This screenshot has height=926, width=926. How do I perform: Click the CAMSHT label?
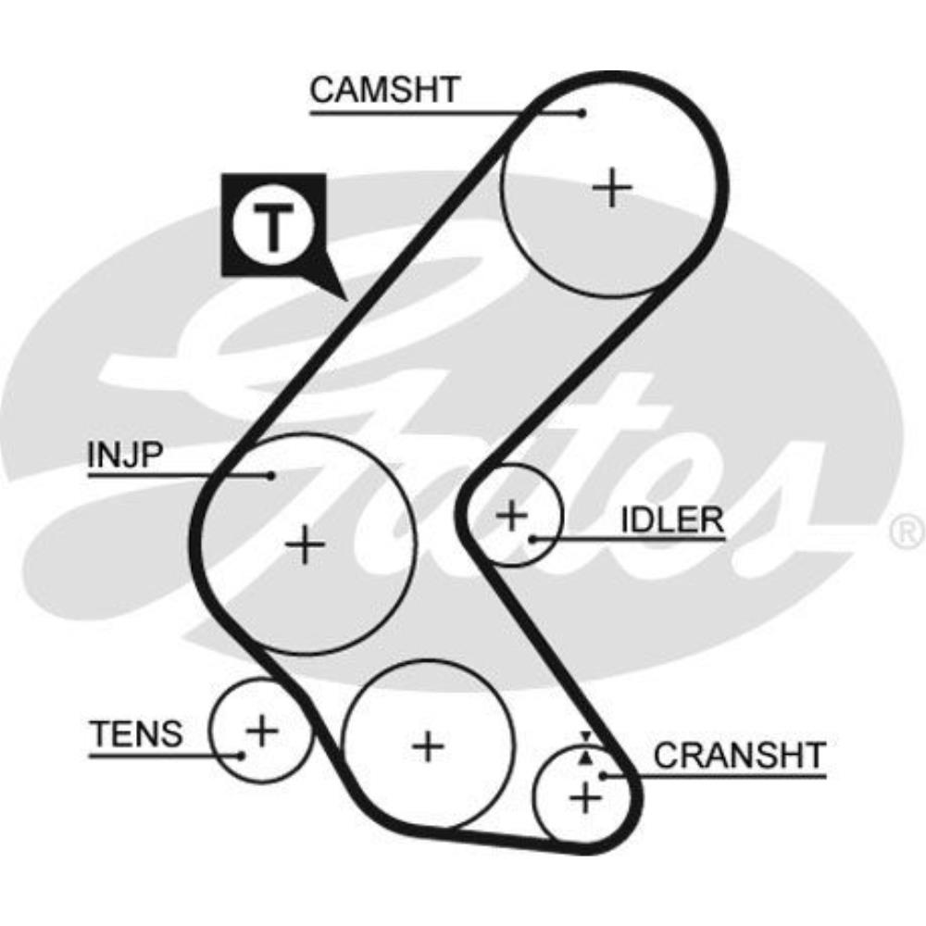384,91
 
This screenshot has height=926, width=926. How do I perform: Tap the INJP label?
125,455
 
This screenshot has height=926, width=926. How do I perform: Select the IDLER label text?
671,520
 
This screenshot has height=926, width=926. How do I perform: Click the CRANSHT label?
738,756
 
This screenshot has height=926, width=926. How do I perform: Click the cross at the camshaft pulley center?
611,188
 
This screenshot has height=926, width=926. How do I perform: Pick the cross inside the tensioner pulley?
262,732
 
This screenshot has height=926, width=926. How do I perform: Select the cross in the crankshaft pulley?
585,796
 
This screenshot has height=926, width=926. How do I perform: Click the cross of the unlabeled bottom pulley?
427,745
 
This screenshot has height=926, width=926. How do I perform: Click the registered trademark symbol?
907,532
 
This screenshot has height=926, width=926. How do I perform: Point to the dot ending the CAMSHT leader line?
582,113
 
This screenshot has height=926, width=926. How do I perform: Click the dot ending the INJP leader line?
271,476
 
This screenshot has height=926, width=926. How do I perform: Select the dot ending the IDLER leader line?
532,538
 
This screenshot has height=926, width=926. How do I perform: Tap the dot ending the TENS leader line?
242,755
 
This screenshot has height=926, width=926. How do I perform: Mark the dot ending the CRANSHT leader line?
603,774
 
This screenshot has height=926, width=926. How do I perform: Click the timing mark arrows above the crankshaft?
584,747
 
